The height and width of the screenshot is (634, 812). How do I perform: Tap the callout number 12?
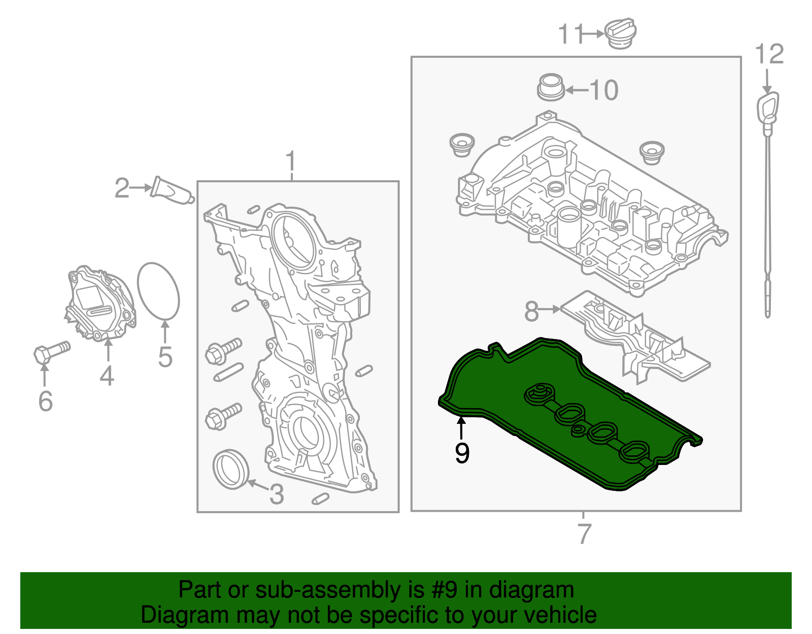coord(769,54)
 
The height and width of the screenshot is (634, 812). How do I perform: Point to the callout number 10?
coord(604,90)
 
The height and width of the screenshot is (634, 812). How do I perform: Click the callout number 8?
coord(531,311)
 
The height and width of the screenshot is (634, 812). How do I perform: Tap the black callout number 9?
coord(462,452)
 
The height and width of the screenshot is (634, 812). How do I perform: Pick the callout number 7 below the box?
coord(584,533)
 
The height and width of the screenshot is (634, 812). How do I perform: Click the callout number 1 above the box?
coord(291,162)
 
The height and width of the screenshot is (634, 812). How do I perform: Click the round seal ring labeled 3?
coord(231,469)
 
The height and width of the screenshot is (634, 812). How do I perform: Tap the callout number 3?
coord(276,494)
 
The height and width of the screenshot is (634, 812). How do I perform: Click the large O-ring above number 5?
coord(158,291)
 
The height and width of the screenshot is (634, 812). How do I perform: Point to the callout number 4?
coord(107,376)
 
